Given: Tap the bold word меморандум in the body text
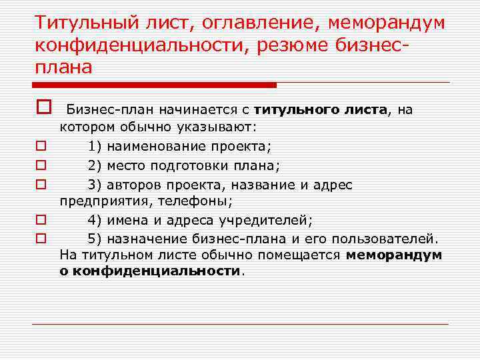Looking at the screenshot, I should click(394, 255).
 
